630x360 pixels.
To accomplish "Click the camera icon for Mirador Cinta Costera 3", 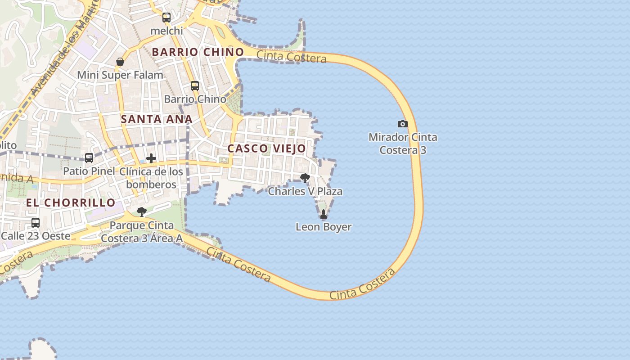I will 402,124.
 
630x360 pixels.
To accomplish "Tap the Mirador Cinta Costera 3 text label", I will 403,144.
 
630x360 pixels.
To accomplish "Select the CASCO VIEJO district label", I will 266,148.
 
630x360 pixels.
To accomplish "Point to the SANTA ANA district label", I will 157,119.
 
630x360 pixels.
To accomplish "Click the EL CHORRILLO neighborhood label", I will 71,202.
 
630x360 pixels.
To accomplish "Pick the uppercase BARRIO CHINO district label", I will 198,52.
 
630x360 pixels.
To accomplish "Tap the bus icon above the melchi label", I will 166,18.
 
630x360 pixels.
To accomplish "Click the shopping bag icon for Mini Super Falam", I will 120,62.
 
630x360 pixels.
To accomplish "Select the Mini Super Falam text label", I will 120,75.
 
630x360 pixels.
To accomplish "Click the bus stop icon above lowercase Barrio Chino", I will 195,85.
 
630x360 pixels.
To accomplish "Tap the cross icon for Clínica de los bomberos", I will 151,158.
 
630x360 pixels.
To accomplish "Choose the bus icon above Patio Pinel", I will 89,157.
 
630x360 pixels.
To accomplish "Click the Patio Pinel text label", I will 89,171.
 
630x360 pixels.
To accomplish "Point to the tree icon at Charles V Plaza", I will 305,178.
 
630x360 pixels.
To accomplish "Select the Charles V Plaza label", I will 305,191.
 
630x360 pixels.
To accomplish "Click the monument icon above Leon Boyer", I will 323,214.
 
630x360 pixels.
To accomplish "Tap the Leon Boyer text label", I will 323,227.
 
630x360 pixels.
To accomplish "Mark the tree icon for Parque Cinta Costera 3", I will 142,211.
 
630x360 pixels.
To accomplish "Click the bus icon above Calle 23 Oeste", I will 36,222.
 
